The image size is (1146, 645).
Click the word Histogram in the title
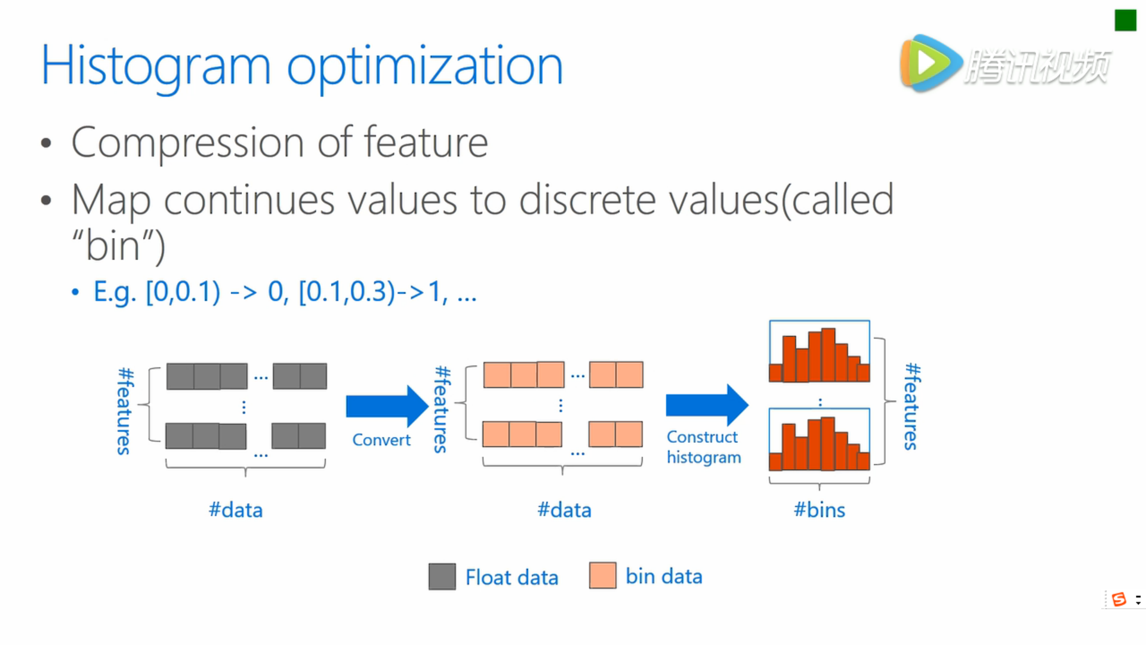156,67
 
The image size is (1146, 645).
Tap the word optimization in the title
425,67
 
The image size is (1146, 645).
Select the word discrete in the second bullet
587,199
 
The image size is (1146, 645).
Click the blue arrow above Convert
387,406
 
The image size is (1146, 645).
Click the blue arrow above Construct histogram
707,405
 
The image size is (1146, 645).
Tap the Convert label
381,440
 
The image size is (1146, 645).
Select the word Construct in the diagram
702,437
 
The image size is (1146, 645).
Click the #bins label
820,510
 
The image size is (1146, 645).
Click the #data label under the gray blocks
236,510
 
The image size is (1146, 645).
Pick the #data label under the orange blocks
565,510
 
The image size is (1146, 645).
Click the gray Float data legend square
442,577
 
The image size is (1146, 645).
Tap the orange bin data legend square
603,575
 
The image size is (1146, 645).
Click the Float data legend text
512,578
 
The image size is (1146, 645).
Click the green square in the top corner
1125,20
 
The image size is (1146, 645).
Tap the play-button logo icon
931,63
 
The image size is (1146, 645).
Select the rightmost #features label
912,407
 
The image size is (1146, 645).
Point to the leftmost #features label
125,411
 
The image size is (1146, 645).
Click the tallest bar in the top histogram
828,355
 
